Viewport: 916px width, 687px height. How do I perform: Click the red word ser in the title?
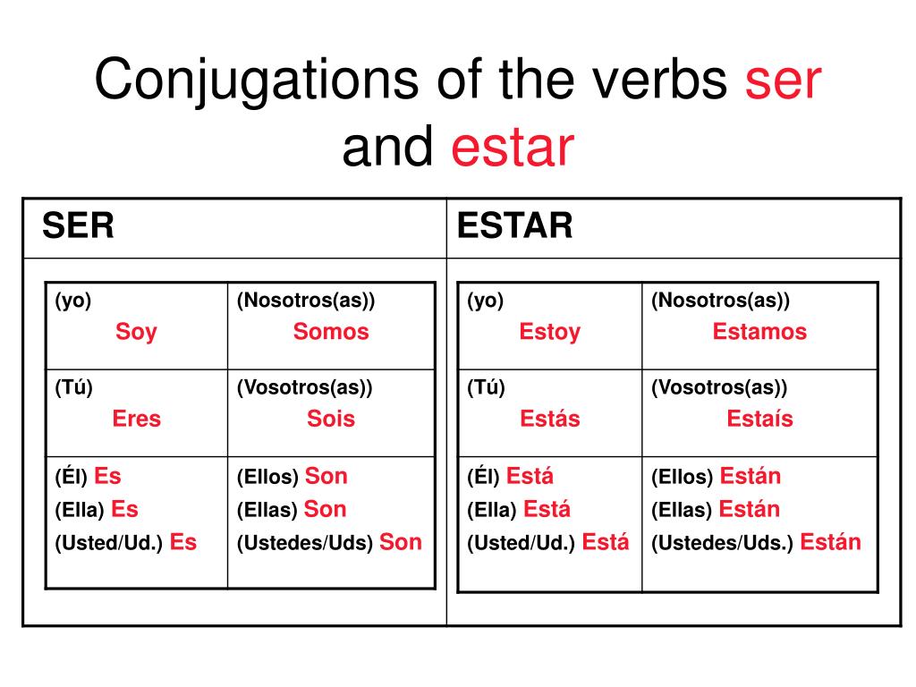[x=784, y=81]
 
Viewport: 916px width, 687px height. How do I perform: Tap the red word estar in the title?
[x=513, y=148]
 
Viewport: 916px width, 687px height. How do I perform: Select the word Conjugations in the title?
[x=257, y=81]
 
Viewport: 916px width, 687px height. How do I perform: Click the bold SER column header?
[x=78, y=225]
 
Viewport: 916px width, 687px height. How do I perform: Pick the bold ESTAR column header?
[x=514, y=225]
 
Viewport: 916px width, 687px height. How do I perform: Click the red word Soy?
[x=136, y=332]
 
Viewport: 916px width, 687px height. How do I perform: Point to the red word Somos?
[x=331, y=331]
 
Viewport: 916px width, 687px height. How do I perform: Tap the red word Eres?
[x=136, y=419]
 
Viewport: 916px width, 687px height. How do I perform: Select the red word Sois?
[x=331, y=419]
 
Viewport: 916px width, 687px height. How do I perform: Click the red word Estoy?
[x=550, y=332]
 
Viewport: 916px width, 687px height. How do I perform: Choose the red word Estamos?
[x=759, y=331]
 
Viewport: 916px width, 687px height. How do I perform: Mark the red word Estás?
[x=550, y=418]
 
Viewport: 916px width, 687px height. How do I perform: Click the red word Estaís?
[x=759, y=418]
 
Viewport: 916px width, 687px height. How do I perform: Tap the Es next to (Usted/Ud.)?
[x=182, y=542]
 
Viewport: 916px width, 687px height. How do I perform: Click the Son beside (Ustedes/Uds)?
[x=400, y=542]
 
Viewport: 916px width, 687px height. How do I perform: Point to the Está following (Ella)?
[x=547, y=508]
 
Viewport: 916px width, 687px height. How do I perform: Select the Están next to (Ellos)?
[x=751, y=475]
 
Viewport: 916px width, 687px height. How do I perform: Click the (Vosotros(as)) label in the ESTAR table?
[x=719, y=387]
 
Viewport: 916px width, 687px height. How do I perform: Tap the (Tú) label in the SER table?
[x=73, y=387]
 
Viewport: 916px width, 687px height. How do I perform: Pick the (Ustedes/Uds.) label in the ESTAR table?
[x=722, y=543]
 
